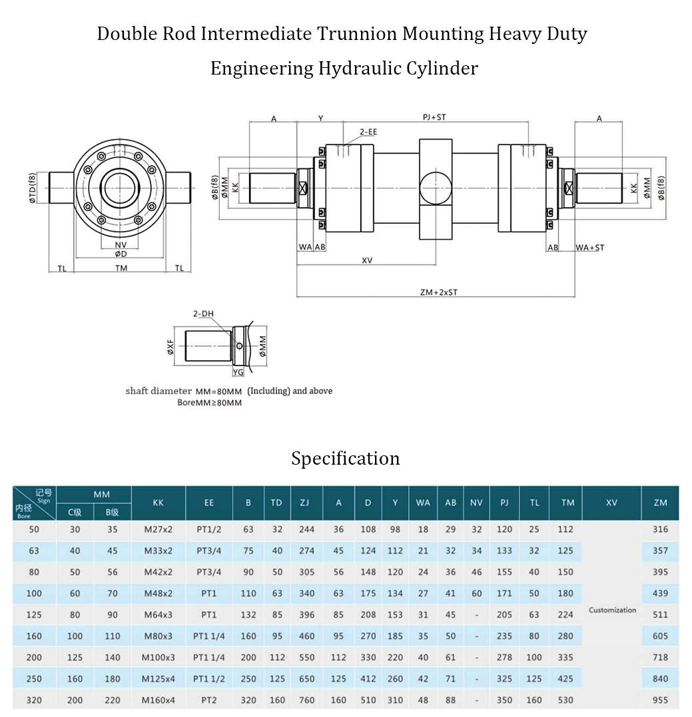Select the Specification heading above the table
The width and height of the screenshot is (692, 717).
tap(345, 459)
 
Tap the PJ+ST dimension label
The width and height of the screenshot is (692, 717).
tap(434, 117)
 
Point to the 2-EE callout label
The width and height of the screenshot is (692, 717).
tap(368, 132)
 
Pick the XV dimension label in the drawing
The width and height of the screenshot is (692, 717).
tap(367, 260)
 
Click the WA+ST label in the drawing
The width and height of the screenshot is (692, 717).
tap(590, 248)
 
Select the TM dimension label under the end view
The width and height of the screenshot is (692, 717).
tap(121, 268)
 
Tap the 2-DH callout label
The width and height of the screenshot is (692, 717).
tap(202, 314)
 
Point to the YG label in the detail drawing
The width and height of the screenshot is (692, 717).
tap(238, 373)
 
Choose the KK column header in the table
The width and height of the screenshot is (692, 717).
tap(158, 503)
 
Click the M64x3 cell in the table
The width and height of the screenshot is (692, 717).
tap(157, 614)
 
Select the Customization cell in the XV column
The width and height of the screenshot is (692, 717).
tap(612, 610)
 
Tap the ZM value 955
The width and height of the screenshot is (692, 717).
tap(660, 700)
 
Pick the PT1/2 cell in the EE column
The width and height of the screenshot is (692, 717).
tap(208, 529)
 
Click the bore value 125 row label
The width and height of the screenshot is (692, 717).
tap(34, 614)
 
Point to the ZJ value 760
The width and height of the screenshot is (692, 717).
tap(306, 700)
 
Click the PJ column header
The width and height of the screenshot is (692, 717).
tap(504, 503)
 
